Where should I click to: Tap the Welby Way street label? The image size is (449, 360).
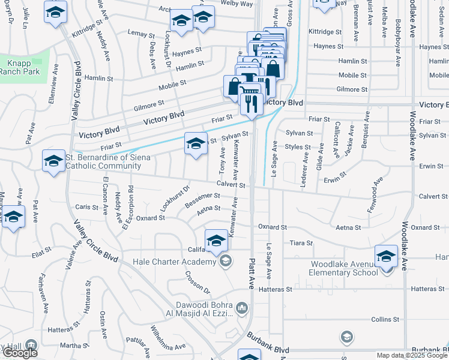tap(237, 4)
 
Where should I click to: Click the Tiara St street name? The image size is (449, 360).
tap(301, 243)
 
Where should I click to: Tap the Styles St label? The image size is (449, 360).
tap(298, 147)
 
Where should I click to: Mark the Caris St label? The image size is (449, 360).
tap(87, 207)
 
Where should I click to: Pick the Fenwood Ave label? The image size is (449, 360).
tap(373, 194)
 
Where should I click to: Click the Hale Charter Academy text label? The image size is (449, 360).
tap(174, 261)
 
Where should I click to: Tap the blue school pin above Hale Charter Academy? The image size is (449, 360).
tap(217, 241)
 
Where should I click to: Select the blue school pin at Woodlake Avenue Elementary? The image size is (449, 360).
tap(386, 256)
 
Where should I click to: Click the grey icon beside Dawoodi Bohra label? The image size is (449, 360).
tap(242, 308)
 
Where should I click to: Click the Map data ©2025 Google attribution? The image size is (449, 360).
tap(412, 355)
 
